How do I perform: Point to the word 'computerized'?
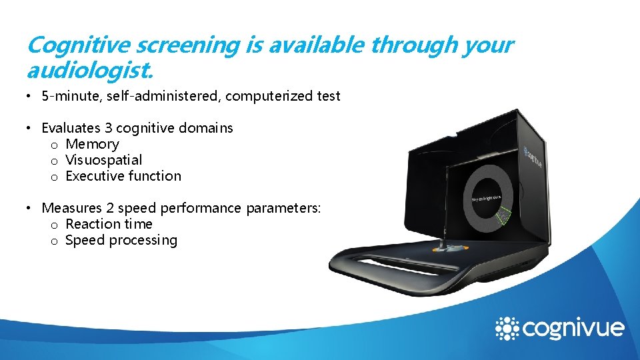[264, 96]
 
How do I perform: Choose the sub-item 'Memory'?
[92, 144]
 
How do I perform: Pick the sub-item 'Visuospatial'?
[103, 160]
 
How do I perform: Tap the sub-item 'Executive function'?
[123, 176]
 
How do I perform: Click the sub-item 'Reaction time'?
[109, 224]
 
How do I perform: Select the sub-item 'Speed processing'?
[121, 240]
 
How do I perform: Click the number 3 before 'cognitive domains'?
[107, 128]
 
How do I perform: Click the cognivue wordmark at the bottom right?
[573, 329]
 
